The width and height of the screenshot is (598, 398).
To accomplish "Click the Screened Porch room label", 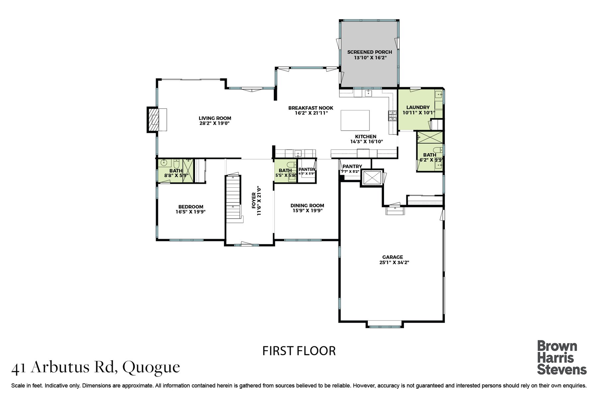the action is [369, 52].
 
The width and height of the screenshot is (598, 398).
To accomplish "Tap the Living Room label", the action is [215, 118].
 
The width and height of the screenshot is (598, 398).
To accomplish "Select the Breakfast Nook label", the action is [311, 108].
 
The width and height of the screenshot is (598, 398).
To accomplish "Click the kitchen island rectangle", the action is [355, 121].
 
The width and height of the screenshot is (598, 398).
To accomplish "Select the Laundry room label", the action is [418, 107].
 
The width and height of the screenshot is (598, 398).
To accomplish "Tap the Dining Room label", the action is [307, 205].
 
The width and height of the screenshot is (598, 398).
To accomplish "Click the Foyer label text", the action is [254, 200].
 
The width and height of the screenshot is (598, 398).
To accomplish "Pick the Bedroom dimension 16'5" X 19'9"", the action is [191, 212].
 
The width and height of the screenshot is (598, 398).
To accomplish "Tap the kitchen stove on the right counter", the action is [391, 116].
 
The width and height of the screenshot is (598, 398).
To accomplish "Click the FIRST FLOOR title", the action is [299, 351].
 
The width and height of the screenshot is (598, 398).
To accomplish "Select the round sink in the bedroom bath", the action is [164, 163].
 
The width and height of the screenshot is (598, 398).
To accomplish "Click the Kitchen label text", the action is [365, 136].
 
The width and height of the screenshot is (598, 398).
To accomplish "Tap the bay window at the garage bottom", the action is [384, 324].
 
